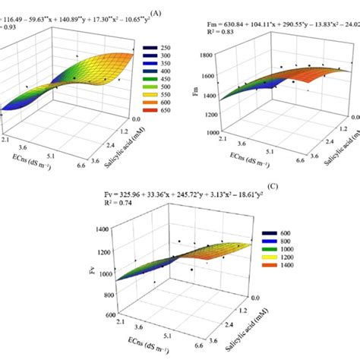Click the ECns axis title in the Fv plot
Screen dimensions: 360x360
pos(154,352)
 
